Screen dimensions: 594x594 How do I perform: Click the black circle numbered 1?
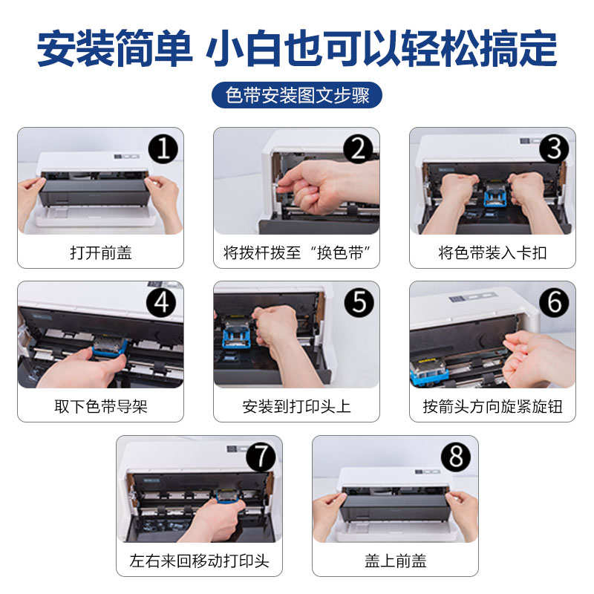coord(163,149)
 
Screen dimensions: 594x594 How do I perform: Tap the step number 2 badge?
coord(359,149)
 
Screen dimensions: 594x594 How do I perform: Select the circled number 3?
coord(554,149)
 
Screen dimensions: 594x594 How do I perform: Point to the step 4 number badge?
coord(161,302)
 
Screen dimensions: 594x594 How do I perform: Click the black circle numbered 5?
coord(359,302)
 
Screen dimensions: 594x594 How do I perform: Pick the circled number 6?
coord(554,302)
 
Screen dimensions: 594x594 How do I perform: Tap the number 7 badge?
coord(261,457)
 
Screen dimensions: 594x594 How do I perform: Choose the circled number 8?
coord(456,457)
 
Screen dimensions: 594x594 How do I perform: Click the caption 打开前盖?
coord(101,252)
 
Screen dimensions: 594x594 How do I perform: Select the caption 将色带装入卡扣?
coord(492,252)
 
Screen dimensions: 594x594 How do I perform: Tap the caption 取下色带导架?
coord(101,406)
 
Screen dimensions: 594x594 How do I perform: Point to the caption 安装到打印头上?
coord(296,406)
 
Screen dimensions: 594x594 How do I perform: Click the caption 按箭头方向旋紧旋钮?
coord(492,406)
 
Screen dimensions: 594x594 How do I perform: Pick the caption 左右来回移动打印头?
coord(199,561)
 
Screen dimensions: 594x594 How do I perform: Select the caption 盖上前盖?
coord(396,561)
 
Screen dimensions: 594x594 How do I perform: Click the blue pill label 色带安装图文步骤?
coord(297,95)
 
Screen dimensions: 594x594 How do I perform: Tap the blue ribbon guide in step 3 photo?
coord(495,196)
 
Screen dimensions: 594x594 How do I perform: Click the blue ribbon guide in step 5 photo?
coord(237,333)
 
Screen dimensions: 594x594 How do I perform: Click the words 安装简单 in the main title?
coord(115,48)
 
